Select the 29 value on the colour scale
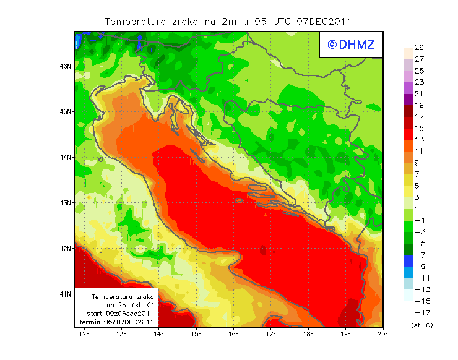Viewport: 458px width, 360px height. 419,48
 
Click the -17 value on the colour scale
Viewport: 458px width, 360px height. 419,312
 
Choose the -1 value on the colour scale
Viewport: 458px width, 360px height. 419,220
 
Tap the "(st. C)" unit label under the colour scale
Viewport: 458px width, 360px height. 421,325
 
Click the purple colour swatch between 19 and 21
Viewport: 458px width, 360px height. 407,100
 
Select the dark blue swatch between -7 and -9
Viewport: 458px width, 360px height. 407,260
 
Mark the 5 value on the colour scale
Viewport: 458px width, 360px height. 419,186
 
